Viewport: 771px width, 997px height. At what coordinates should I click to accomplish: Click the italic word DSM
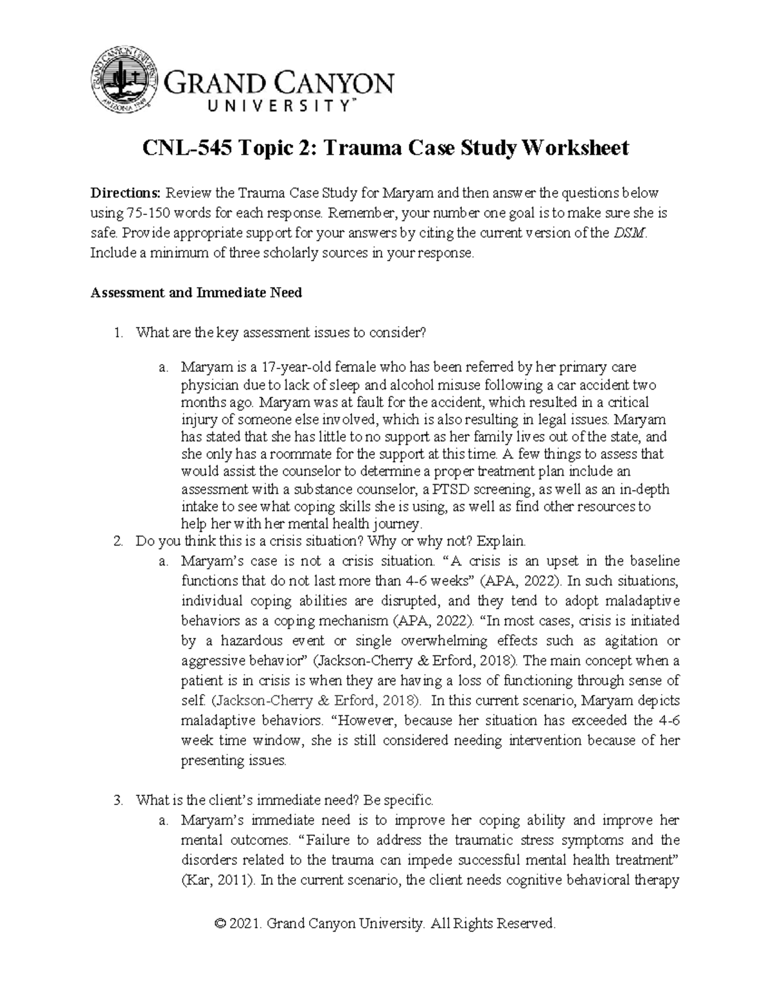pos(623,233)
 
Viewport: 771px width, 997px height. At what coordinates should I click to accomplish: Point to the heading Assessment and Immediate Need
pos(196,293)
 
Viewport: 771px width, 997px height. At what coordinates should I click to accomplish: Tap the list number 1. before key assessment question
pos(118,333)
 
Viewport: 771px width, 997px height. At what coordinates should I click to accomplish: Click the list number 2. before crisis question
pos(118,541)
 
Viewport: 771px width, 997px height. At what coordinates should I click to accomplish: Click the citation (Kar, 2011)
pos(218,880)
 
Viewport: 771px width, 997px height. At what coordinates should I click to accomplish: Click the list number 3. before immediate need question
pos(118,801)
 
